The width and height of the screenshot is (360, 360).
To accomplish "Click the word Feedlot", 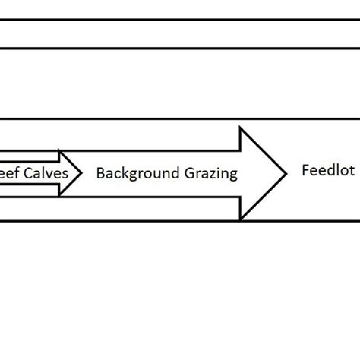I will [x=328, y=171].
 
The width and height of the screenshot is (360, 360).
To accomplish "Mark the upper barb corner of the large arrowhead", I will [x=241, y=128].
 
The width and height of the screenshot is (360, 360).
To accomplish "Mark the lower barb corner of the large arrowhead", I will [x=241, y=219].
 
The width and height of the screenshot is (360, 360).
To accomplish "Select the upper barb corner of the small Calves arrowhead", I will [x=59, y=151].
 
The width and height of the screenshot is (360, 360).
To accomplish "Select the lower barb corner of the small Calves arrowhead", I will [x=59, y=196].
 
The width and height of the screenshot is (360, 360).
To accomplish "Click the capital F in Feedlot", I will [x=305, y=171].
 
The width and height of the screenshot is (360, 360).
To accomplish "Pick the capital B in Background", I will [x=99, y=173].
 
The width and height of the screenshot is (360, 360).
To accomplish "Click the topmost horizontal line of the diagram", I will [x=180, y=21].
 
